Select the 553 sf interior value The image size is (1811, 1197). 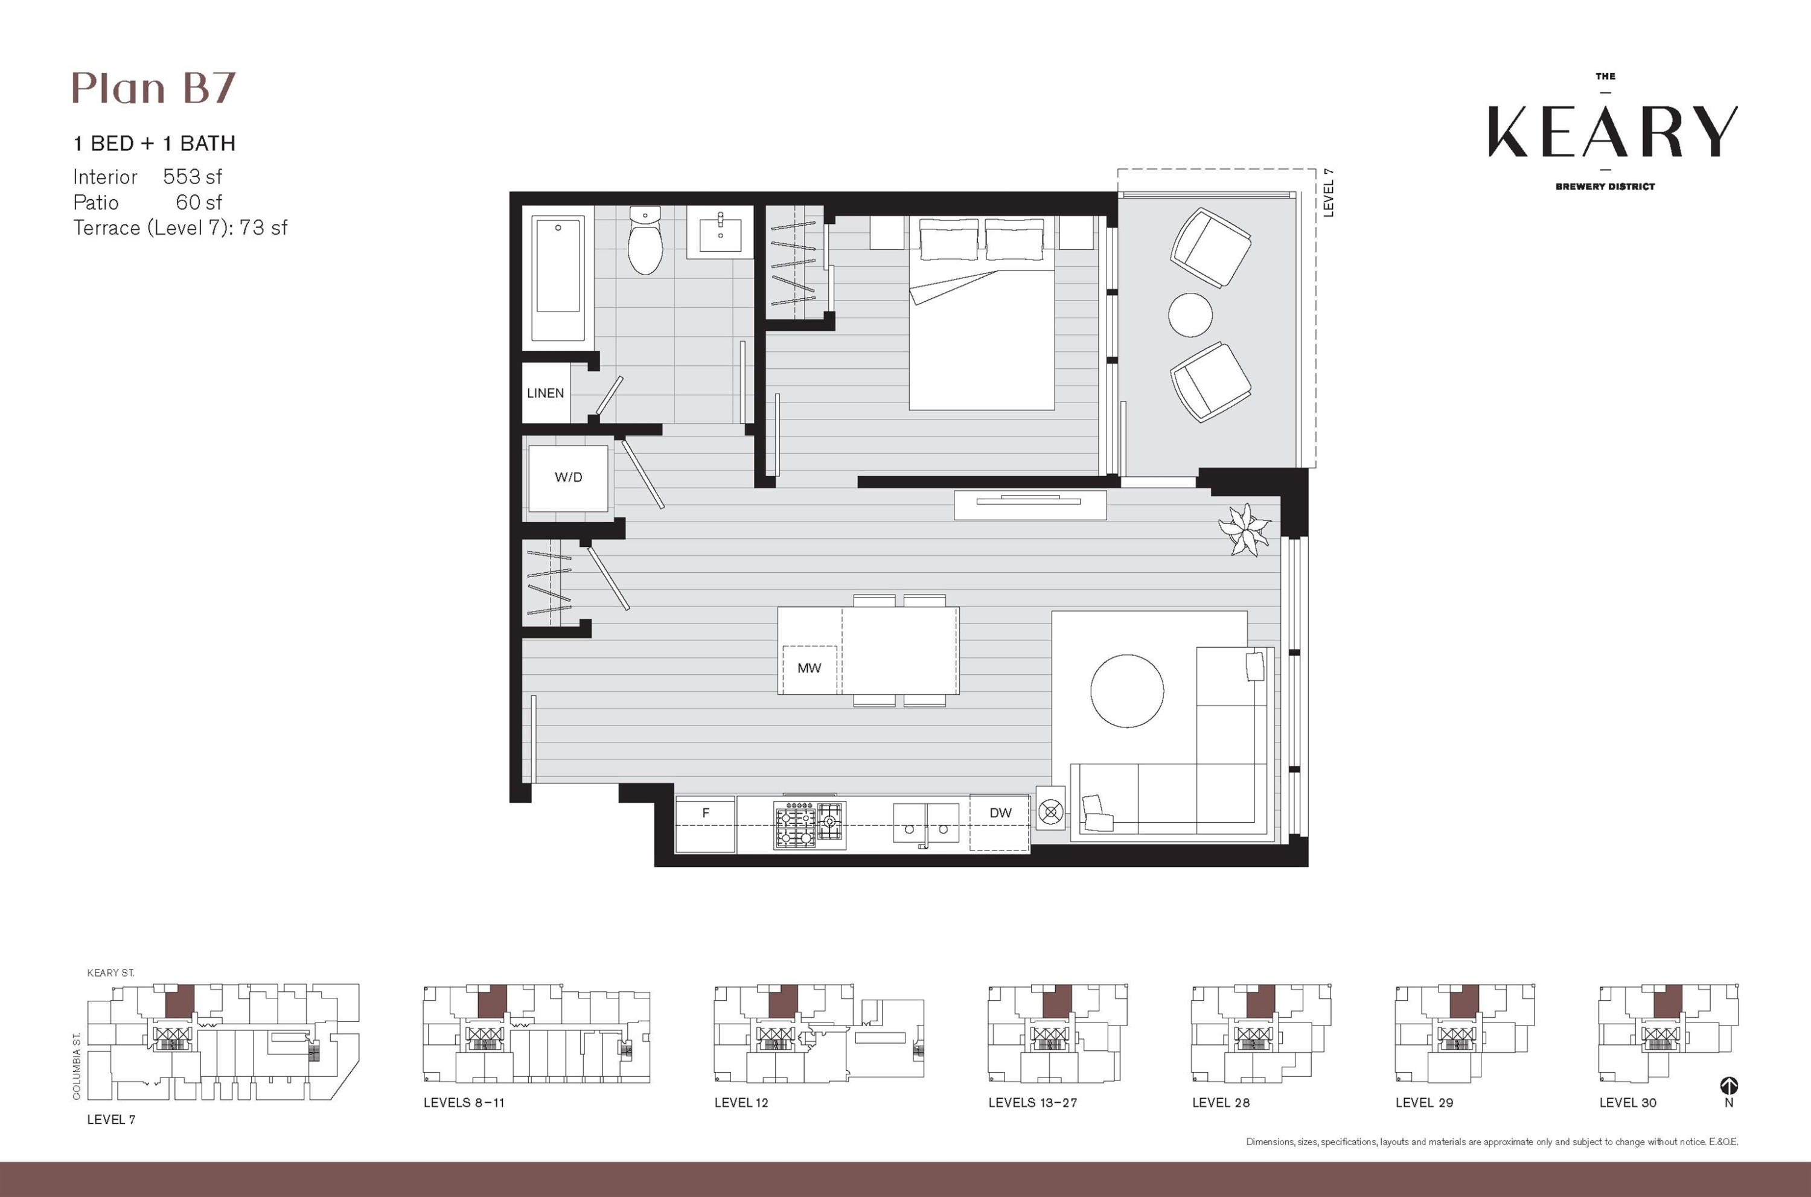(193, 177)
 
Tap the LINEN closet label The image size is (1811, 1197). (545, 393)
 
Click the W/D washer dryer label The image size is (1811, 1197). (568, 477)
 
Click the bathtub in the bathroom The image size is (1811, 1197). (558, 277)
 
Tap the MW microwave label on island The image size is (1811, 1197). (808, 668)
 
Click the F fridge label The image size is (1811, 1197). (706, 813)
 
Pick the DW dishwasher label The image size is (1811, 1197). (1000, 813)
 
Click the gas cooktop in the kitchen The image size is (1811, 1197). (810, 825)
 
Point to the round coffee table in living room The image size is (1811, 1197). (1127, 691)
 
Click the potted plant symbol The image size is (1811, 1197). (1245, 528)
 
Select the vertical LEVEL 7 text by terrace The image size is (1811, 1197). (1329, 193)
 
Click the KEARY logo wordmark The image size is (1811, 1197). (1612, 132)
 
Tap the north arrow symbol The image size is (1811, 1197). (1728, 1085)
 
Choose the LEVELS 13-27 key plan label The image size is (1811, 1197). (1032, 1102)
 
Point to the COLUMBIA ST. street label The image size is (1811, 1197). (76, 1067)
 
